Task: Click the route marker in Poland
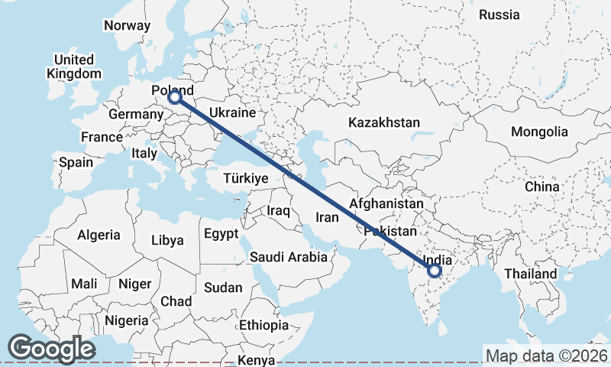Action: click(x=174, y=97)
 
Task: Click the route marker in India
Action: click(x=435, y=271)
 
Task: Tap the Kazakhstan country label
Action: click(x=384, y=122)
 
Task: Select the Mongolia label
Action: click(x=540, y=132)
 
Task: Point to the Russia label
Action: click(x=499, y=15)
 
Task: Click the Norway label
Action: click(x=128, y=25)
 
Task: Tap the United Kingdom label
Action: click(x=74, y=67)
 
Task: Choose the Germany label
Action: click(x=136, y=115)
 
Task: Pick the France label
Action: click(x=102, y=137)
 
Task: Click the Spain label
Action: click(x=76, y=162)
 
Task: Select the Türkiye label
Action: click(x=245, y=178)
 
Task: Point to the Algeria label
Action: click(x=99, y=235)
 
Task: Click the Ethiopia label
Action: click(x=264, y=325)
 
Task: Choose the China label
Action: click(x=542, y=187)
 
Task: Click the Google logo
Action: click(x=51, y=349)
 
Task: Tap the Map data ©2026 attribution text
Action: click(x=546, y=356)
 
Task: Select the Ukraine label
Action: click(x=231, y=112)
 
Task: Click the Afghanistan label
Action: click(x=386, y=204)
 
